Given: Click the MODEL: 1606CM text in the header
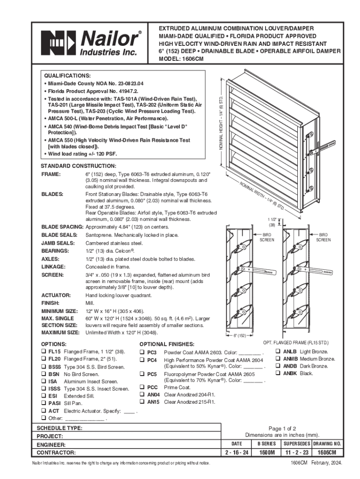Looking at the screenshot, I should [x=181, y=59].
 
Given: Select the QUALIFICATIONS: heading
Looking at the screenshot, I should [x=67, y=75].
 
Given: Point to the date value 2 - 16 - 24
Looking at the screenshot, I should [x=237, y=453].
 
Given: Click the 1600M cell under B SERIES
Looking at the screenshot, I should [x=266, y=453].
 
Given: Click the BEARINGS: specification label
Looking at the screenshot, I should [x=55, y=251].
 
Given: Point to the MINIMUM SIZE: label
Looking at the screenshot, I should [x=59, y=311].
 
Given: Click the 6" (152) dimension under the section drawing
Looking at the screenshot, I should [x=239, y=335].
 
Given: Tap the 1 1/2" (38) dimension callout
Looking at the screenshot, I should [x=272, y=222].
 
